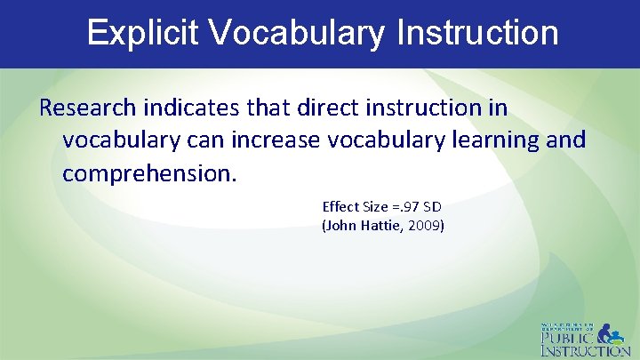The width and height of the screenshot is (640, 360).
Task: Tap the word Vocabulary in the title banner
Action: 298,33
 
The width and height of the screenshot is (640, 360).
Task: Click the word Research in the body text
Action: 87,108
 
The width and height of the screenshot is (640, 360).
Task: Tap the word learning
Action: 499,140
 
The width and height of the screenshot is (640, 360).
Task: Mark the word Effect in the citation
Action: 340,206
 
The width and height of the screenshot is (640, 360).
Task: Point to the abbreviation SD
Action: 431,206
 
